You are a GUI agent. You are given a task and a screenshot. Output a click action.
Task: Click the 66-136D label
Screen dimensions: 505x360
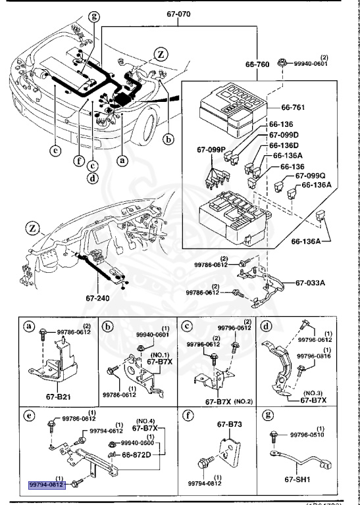pos(284,145)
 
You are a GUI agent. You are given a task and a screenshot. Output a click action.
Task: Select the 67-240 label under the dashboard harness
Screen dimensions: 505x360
pos(99,298)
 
